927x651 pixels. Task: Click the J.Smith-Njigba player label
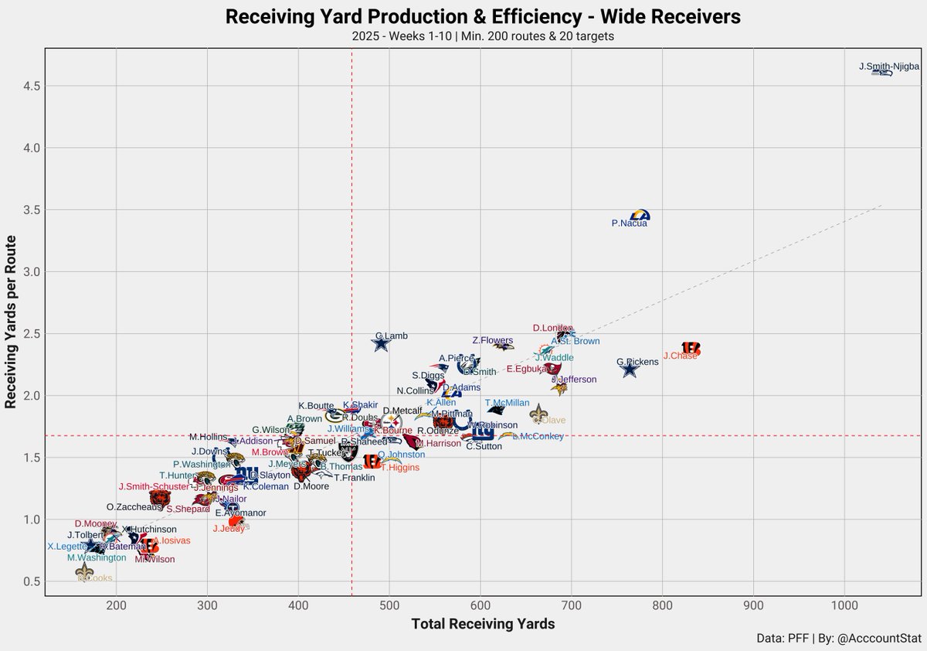pos(888,67)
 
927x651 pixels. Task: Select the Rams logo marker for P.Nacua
pos(640,215)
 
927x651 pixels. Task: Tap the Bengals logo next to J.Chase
pos(691,349)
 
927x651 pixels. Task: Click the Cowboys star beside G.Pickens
pos(630,370)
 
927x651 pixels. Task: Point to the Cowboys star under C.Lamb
pos(380,344)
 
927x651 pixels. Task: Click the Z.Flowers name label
pos(492,340)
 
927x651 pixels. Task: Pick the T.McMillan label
pos(507,403)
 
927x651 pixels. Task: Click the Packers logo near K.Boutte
pos(333,415)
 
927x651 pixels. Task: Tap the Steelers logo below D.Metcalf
pos(392,422)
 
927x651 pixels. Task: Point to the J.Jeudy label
pos(228,529)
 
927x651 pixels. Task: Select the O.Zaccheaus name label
pos(134,507)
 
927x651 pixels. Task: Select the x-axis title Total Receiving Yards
pos(483,624)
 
